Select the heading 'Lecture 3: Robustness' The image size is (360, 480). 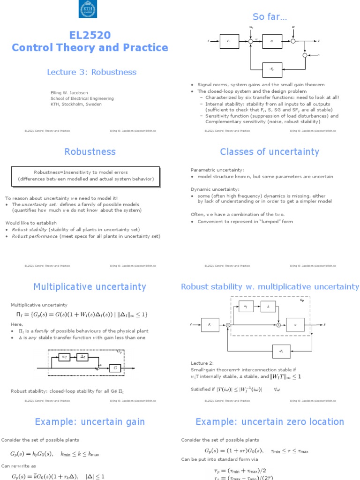tap(91, 72)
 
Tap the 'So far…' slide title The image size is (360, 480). tap(270, 17)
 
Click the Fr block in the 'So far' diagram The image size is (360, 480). tap(228, 41)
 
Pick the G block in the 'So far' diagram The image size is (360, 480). tap(271, 41)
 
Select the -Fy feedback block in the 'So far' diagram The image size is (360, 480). tap(271, 69)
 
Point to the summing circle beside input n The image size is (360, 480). tap(305, 55)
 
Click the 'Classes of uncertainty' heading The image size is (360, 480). tap(270, 151)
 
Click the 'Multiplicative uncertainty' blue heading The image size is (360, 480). tap(90, 286)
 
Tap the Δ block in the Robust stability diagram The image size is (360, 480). tap(268, 307)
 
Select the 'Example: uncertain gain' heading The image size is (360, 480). tap(90, 422)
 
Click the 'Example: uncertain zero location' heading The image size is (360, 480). tap(270, 422)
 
